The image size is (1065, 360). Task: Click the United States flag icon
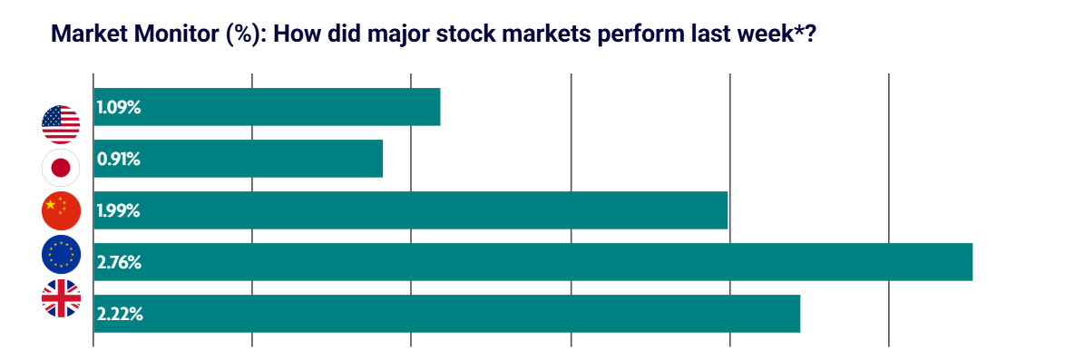[61, 124]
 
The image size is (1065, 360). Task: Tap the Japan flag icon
[61, 168]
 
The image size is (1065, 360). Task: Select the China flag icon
[61, 211]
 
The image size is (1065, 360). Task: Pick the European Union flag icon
[61, 255]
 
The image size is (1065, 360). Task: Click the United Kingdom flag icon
[61, 298]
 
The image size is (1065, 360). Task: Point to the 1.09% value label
[119, 108]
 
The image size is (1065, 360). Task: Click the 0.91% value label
[119, 160]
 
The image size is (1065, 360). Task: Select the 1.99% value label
[119, 211]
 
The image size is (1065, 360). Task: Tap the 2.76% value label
[119, 263]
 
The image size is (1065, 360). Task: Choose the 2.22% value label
[119, 315]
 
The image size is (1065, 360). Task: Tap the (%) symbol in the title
[240, 34]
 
